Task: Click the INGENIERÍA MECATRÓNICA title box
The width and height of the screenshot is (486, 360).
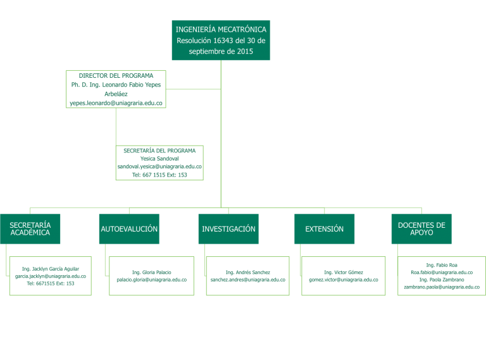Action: point(221,40)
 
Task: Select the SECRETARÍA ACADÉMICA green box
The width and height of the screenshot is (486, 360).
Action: point(30,229)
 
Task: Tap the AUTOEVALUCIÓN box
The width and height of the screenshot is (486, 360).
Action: point(129,229)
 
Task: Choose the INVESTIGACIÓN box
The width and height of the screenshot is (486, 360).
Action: point(228,229)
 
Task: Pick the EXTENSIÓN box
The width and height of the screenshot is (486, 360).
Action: point(324,229)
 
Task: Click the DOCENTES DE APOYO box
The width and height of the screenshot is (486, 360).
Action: point(421,229)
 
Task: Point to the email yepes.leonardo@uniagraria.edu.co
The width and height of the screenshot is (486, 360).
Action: point(116,103)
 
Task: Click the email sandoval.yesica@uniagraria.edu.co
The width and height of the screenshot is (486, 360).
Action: point(159,166)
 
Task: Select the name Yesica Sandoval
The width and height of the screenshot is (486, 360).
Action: point(159,159)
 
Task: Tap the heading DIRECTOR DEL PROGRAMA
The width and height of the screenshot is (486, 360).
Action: point(116,75)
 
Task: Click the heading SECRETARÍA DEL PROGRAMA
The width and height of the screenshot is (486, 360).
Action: point(159,151)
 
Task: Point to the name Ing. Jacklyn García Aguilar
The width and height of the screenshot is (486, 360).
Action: point(51,269)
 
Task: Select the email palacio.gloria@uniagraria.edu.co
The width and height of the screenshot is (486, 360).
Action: point(152,280)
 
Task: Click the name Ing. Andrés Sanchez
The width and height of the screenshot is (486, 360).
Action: point(248,272)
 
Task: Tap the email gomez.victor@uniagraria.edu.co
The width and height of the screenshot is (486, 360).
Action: point(344,280)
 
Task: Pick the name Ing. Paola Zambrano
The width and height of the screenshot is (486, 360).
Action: point(442,280)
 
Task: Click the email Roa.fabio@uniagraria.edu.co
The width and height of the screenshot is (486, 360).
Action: point(442,272)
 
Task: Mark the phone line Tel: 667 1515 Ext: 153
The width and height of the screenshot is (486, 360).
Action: point(159,175)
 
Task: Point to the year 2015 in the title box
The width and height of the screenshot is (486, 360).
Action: point(245,51)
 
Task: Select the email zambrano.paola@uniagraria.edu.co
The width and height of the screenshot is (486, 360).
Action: point(442,287)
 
